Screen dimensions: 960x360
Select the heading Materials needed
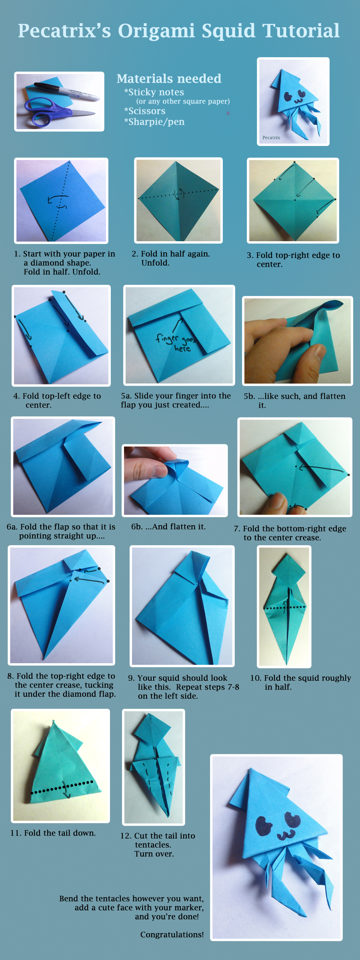coord(169,78)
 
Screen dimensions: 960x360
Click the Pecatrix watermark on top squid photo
coord(271,138)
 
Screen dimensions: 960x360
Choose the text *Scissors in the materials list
coord(145,111)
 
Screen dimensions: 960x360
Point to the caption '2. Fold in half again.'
coord(171,254)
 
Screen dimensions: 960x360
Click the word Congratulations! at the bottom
coord(172,934)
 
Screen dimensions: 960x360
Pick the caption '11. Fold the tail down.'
coord(53,833)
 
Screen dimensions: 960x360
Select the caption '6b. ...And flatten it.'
coord(168,526)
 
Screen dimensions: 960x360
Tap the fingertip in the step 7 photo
coord(276,501)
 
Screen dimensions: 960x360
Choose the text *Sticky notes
coord(154,92)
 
